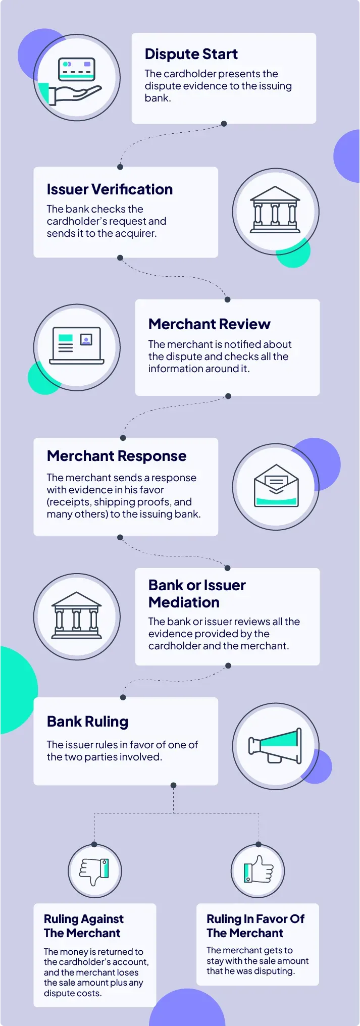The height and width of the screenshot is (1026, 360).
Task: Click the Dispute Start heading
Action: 191,54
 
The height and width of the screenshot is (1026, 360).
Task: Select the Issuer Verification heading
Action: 110,189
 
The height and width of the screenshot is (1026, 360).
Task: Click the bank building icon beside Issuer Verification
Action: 275,211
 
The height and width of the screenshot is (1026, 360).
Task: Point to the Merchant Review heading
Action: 209,324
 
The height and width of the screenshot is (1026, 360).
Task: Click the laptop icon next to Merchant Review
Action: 77,346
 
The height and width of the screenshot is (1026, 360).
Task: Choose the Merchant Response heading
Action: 117,456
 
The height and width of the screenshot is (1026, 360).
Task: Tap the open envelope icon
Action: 276,486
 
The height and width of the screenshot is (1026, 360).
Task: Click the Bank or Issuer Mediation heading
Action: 197,594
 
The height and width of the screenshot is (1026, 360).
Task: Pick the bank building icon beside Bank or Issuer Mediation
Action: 77,616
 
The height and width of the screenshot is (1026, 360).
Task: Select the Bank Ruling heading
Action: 87,722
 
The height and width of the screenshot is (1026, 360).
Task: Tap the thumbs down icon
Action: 95,871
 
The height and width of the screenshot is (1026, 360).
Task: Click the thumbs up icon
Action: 258,870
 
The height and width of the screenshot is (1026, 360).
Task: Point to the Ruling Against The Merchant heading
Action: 83,926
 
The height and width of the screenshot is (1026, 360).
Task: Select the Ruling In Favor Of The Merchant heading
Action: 255,926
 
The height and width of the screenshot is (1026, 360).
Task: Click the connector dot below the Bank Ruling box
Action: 173,785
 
